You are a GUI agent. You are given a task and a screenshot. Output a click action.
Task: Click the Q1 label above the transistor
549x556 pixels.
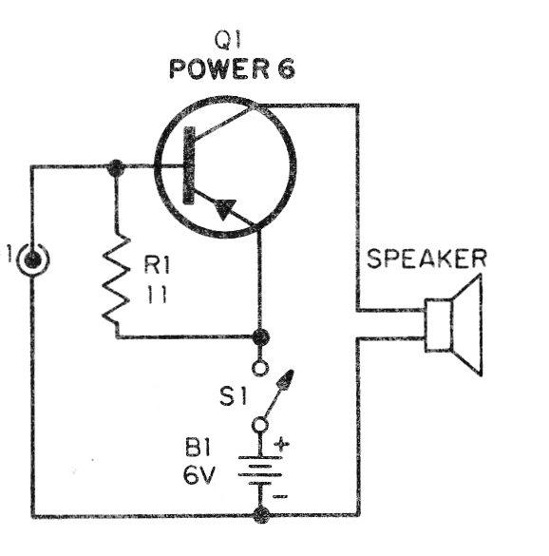(228, 40)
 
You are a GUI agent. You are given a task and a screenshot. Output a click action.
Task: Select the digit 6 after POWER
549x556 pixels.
(286, 68)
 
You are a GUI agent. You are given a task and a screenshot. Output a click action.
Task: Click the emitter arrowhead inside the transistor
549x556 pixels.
(225, 208)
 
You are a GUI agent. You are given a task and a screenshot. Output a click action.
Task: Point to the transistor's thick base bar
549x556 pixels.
(189, 165)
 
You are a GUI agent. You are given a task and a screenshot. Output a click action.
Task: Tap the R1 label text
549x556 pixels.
(157, 265)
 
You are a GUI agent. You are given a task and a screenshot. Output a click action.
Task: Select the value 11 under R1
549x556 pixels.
(157, 294)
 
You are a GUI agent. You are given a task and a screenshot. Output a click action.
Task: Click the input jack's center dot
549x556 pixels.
(32, 260)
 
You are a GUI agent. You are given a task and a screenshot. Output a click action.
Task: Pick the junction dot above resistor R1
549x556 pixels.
(115, 166)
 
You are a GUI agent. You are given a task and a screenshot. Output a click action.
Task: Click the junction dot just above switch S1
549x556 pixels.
(261, 336)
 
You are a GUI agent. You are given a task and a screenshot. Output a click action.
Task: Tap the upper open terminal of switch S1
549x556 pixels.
(260, 368)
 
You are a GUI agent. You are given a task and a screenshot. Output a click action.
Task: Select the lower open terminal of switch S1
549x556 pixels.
(260, 425)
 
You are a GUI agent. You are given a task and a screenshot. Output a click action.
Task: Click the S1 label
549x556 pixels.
(233, 396)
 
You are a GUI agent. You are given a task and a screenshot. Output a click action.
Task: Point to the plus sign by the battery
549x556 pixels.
(281, 444)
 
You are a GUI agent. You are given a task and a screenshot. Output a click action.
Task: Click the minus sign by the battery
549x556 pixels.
(280, 496)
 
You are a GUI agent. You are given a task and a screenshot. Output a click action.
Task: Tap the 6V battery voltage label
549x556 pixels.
(199, 475)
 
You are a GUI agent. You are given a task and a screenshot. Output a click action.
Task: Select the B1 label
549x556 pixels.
(198, 449)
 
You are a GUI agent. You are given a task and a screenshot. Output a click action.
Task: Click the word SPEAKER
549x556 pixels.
(426, 259)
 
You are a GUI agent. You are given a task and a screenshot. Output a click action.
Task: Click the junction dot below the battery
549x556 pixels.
(261, 514)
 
